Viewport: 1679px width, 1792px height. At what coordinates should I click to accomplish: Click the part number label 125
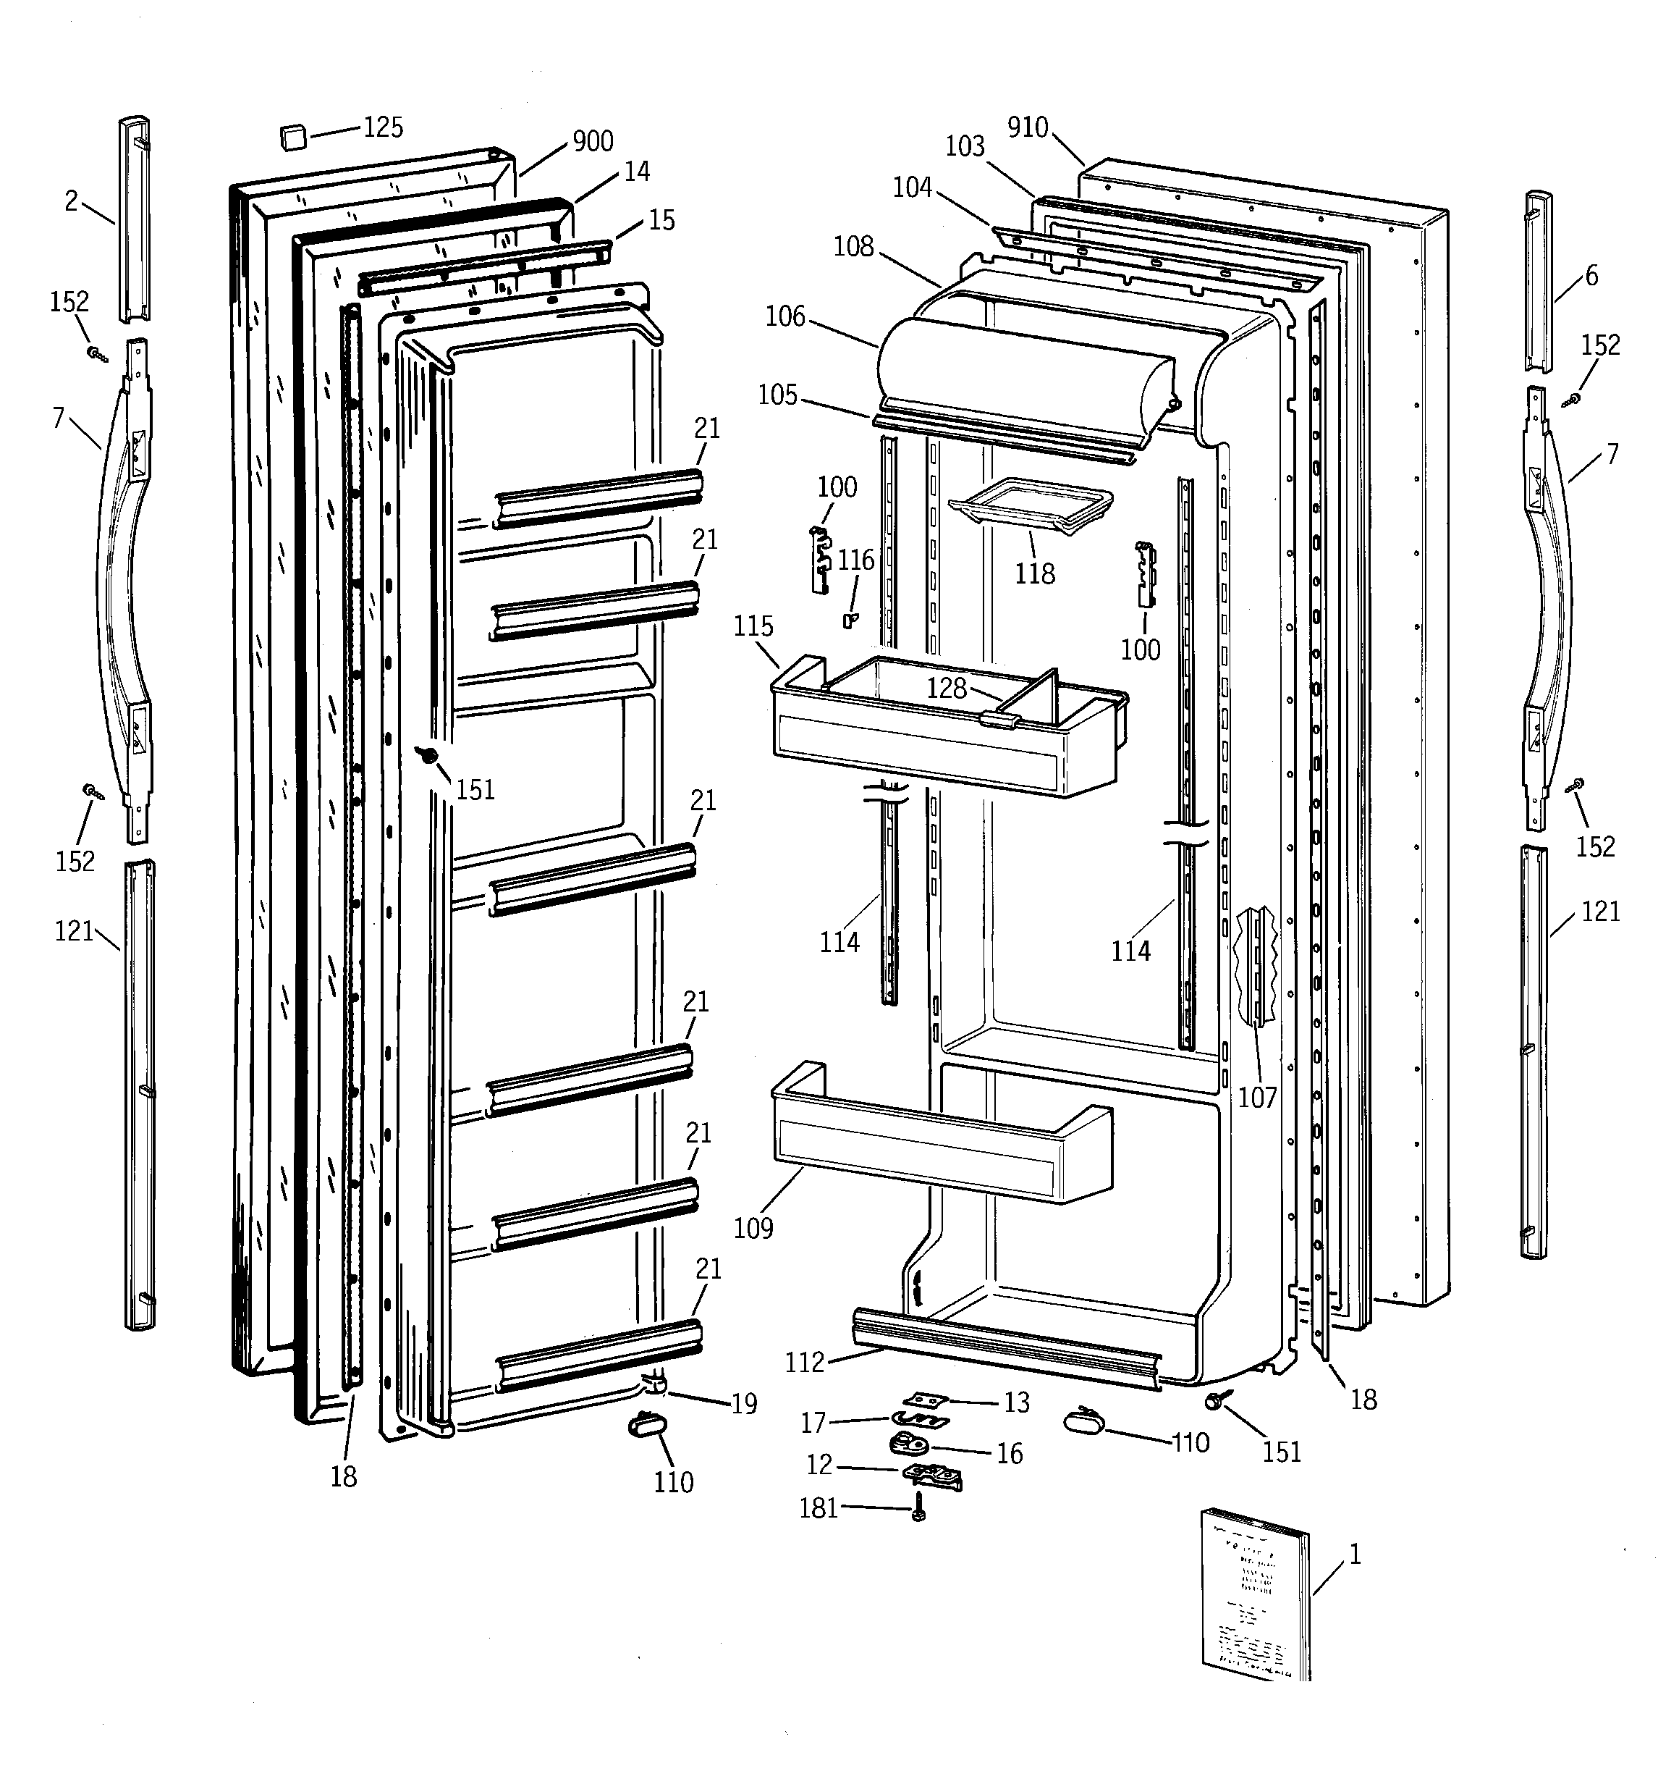tap(383, 127)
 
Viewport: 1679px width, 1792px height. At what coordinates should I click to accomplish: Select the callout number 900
tap(592, 141)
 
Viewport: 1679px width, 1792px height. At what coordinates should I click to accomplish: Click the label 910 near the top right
tap(1028, 128)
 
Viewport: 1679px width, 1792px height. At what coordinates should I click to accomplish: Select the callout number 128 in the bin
tap(947, 689)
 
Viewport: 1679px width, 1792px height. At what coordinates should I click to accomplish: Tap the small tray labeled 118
tap(1030, 505)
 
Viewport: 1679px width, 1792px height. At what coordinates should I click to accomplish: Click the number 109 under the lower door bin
tap(753, 1228)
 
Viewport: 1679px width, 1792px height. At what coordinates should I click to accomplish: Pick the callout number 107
tap(1257, 1097)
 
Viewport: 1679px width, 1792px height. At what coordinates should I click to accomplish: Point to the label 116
tap(855, 560)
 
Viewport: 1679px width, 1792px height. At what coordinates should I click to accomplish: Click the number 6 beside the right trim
tap(1591, 276)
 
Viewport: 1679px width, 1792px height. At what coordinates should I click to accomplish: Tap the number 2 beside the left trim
tap(71, 201)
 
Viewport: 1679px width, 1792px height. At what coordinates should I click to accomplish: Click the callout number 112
tap(804, 1362)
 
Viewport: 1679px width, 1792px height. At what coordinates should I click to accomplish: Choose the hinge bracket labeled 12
tap(934, 1476)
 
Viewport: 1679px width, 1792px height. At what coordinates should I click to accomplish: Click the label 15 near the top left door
tap(661, 220)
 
